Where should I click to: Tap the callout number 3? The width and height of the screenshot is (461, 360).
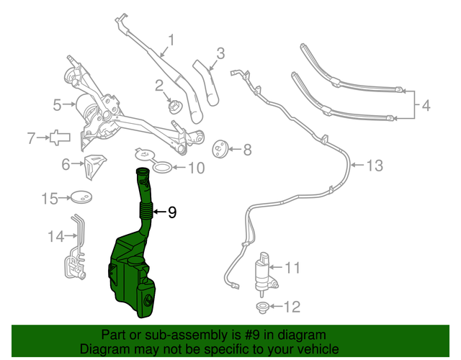tap(220, 53)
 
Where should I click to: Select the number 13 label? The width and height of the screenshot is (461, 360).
tap(375, 166)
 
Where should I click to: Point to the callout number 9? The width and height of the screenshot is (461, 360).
tap(171, 212)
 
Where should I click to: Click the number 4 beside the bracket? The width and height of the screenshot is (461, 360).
tap(426, 106)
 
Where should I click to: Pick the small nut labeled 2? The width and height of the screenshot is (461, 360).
tap(173, 107)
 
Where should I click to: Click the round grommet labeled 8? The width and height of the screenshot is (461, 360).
tap(220, 150)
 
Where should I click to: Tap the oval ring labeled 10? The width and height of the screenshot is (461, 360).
tap(164, 168)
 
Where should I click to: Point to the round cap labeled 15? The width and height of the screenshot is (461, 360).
tap(82, 197)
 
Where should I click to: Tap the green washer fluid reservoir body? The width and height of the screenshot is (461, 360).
tap(130, 277)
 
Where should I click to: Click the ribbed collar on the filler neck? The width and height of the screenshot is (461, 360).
tap(146, 211)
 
